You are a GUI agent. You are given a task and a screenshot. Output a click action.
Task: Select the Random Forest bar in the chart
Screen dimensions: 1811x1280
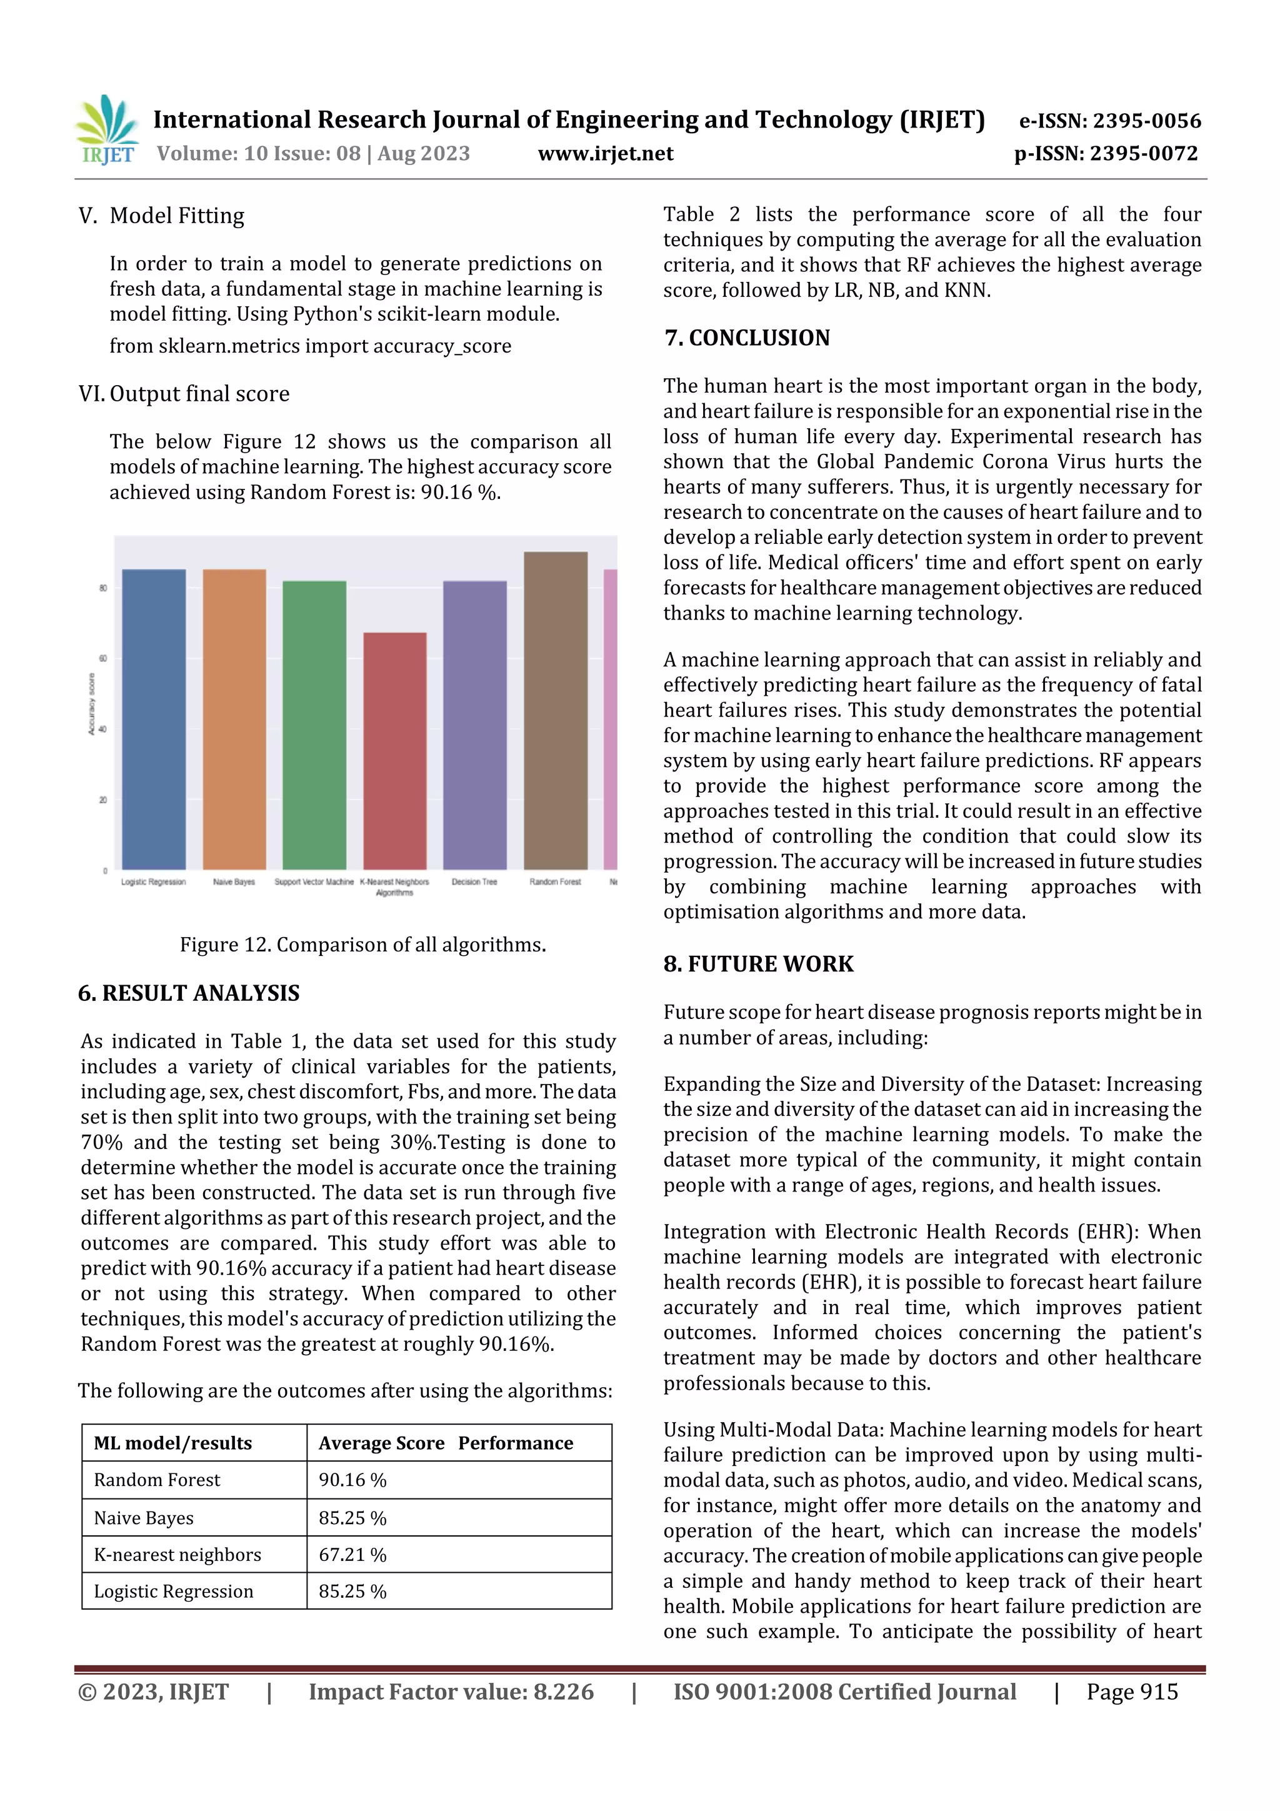555,710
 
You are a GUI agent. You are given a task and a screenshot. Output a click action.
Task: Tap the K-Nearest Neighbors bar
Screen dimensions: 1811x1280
394,750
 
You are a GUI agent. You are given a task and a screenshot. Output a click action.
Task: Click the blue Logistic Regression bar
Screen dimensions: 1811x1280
154,718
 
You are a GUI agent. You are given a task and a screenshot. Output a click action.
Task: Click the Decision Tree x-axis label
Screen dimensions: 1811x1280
474,882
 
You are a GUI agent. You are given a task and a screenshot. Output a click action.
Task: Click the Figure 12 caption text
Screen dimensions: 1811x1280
362,944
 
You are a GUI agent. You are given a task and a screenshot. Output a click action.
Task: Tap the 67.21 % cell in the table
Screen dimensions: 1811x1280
352,1554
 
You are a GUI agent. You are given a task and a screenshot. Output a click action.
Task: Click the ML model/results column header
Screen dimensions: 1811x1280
172,1443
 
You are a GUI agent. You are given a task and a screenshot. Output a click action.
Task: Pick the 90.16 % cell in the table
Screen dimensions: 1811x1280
352,1480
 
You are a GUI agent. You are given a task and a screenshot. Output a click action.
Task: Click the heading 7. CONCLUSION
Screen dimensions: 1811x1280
747,338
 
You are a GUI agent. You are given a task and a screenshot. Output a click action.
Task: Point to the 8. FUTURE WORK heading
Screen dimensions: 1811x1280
758,964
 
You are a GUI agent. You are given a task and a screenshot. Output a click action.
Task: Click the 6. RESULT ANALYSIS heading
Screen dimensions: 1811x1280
189,993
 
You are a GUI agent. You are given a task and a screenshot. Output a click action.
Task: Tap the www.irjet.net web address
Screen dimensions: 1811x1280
605,153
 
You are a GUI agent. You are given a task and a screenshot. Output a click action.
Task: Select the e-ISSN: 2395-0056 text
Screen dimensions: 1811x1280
1109,121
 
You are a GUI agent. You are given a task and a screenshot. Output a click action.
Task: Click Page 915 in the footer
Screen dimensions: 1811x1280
1132,1692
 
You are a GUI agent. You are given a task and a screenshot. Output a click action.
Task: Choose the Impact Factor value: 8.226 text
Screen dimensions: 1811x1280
451,1692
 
